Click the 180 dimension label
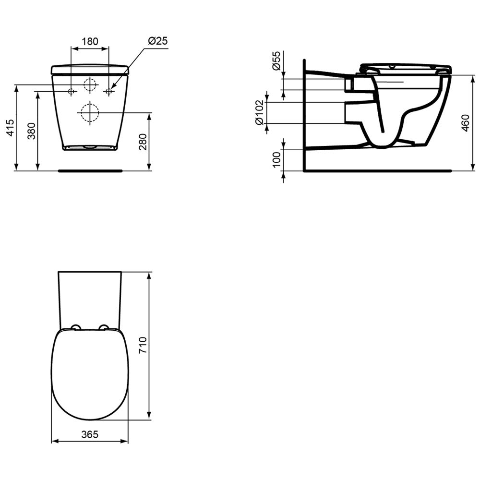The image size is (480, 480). point(90,41)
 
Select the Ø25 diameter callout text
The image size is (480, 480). point(158,41)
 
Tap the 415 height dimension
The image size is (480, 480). point(10,128)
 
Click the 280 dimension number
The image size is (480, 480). point(143,142)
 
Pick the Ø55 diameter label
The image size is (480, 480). point(276,60)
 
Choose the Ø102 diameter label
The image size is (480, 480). point(260,112)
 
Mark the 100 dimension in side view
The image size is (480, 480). point(276,159)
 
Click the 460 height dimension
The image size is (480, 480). point(465,123)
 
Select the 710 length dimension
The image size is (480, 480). point(143,345)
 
